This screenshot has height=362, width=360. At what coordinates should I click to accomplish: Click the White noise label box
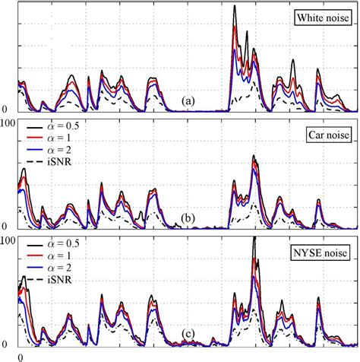[x=321, y=17]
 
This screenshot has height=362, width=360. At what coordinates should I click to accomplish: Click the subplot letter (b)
[x=188, y=219]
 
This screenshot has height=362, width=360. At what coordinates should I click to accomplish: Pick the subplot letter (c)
[x=188, y=337]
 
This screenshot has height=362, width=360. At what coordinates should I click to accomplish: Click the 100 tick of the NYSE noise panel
[x=8, y=240]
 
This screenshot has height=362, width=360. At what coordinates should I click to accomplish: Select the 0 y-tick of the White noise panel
[x=5, y=109]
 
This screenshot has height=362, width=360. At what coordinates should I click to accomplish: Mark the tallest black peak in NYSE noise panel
[x=254, y=237]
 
